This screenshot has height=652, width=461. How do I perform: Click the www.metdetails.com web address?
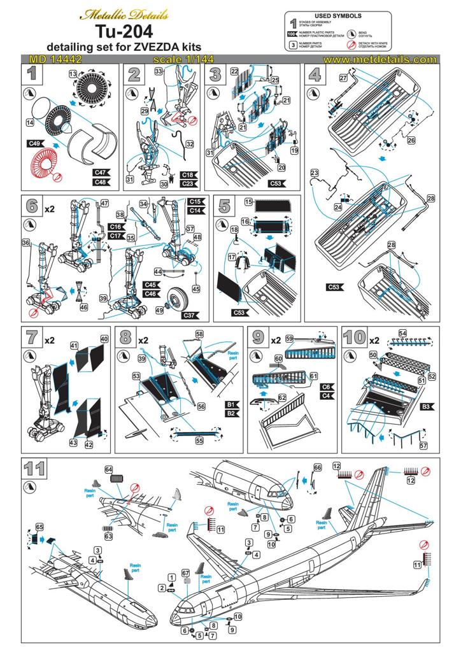(379, 59)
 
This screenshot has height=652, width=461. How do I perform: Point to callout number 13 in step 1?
(73, 75)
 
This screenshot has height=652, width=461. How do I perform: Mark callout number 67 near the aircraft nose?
(186, 572)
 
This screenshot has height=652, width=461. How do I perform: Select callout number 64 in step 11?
(109, 470)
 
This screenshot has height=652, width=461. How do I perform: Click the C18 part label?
(188, 174)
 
